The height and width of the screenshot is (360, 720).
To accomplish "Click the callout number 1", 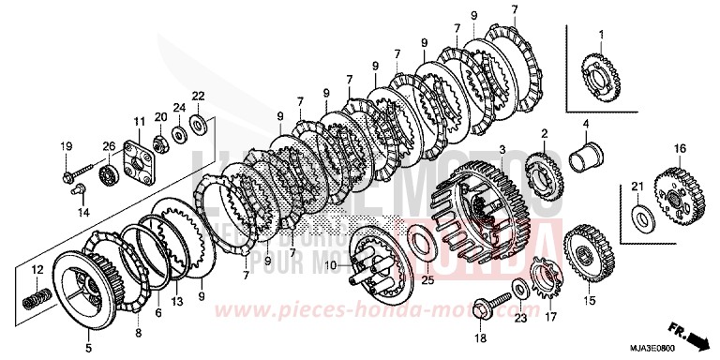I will (602, 35).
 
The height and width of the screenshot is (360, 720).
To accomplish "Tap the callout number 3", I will (502, 151).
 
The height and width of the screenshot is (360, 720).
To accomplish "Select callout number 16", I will (681, 147).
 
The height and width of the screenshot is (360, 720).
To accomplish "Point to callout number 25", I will (427, 280).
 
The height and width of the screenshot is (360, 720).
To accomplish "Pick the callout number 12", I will (37, 271).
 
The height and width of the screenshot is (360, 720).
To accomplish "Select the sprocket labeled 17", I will (539, 278).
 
